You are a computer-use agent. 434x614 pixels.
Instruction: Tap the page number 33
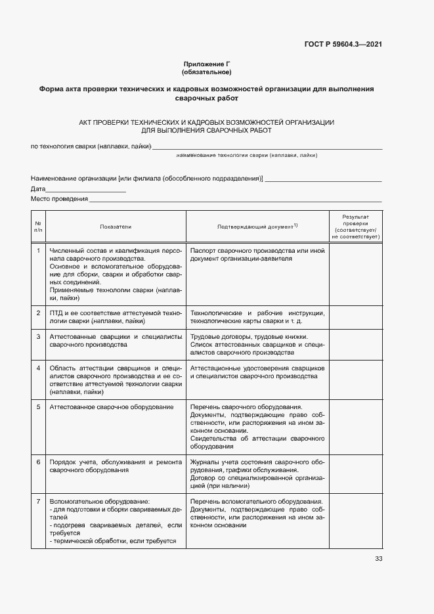(x=378, y=559)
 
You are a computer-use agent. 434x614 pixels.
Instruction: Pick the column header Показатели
(x=116, y=227)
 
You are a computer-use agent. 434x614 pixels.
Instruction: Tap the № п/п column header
(x=39, y=227)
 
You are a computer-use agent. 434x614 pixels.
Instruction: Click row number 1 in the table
(x=39, y=250)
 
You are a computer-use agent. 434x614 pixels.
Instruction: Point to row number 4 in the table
(x=39, y=368)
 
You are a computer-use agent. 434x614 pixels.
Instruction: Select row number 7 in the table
(x=39, y=501)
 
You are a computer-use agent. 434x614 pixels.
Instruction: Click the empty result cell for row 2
(x=355, y=317)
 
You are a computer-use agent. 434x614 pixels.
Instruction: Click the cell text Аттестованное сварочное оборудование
(x=112, y=407)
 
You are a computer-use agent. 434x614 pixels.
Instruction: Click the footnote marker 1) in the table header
(x=296, y=225)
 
